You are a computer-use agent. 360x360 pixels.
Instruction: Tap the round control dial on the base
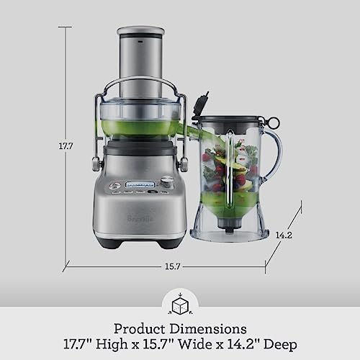pos(166,182)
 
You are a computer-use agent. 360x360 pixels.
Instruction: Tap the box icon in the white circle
pos(179,305)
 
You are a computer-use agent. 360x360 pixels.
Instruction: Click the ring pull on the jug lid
pos(274,122)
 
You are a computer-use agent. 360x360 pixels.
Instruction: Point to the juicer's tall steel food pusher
pos(140,65)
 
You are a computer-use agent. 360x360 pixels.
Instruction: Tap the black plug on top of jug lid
pos(204,103)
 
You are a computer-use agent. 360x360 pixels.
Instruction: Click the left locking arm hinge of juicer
pos(95,163)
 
